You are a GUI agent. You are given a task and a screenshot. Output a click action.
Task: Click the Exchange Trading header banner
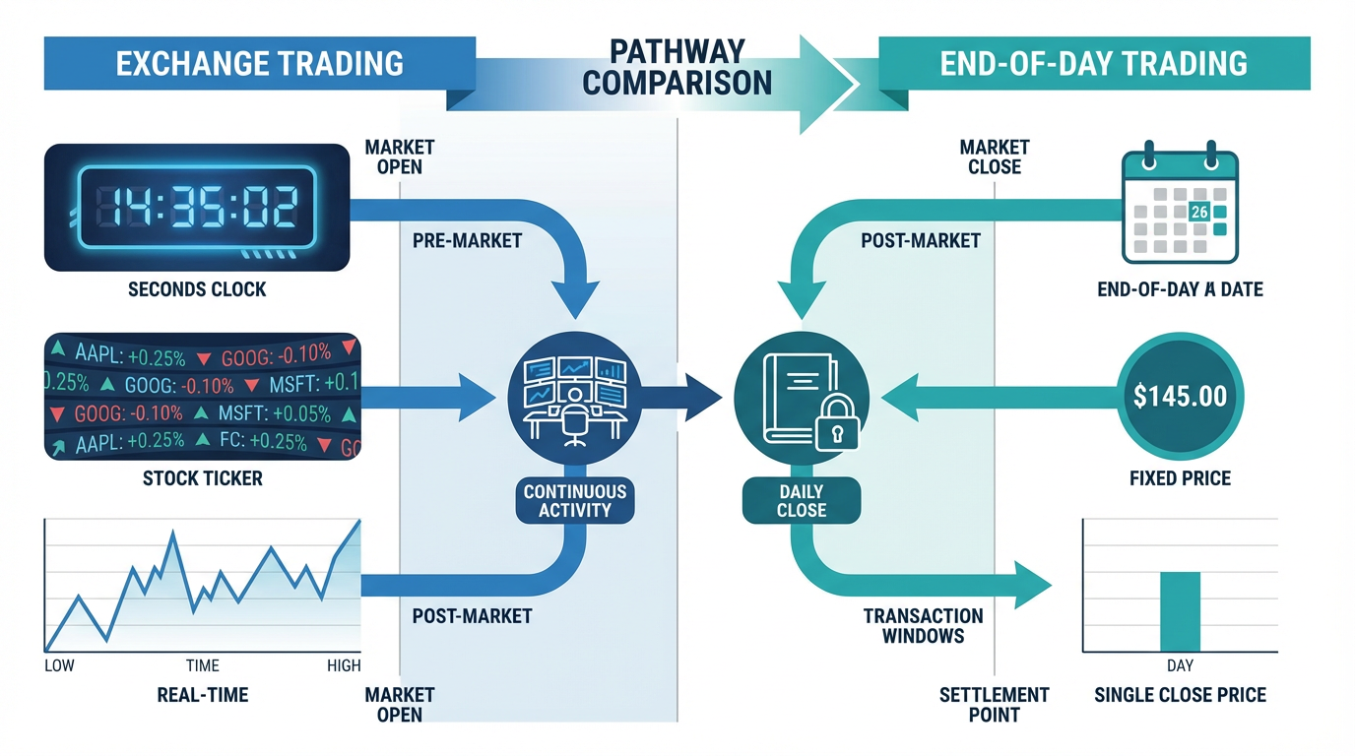coord(259,63)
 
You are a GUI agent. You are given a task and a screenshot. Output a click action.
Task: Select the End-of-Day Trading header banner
coord(1093,63)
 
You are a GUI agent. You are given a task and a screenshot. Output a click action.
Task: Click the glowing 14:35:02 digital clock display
coord(197,208)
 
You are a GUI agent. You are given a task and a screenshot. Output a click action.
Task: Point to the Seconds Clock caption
coord(197,290)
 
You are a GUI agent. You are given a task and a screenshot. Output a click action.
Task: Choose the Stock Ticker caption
coord(203,479)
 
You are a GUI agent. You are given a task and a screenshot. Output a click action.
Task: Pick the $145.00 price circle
coord(1180,397)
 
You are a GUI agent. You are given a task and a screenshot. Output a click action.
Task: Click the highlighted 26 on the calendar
coord(1198,212)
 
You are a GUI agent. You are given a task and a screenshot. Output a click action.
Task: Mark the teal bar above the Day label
coord(1180,610)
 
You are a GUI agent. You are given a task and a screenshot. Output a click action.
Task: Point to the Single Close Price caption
coord(1180,696)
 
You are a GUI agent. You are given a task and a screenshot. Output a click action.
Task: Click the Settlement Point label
coord(994,704)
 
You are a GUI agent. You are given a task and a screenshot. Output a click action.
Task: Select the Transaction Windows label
coord(923,625)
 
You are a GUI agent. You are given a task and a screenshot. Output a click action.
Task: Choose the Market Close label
coord(994,157)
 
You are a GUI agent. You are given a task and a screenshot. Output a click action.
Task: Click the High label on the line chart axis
coord(344,666)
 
